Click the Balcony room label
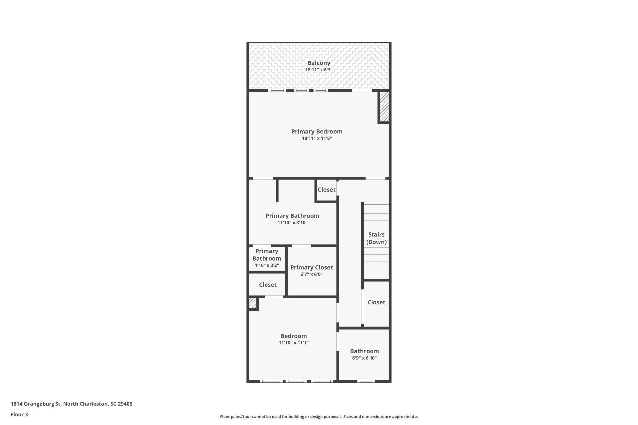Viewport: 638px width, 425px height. point(319,63)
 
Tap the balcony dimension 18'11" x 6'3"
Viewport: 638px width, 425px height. point(319,70)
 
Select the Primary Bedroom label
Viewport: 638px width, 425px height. point(317,132)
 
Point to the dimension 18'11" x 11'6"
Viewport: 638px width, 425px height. point(317,138)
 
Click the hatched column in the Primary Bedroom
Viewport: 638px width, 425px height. point(384,107)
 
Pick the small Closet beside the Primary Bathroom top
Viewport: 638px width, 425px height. point(326,190)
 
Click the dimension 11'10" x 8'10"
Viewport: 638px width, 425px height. point(292,223)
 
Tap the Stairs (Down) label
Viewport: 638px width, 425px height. point(376,238)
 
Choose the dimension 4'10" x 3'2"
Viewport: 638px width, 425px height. point(266,265)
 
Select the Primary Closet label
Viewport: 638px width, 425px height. point(311,268)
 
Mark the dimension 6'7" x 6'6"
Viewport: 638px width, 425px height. point(311,274)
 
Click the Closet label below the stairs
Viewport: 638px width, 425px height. point(376,302)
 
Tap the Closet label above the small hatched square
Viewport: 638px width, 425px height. point(267,285)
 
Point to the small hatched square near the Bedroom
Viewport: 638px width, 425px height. point(253,303)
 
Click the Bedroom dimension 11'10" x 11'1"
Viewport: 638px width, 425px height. point(293,343)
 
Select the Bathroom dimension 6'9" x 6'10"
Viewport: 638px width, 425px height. point(364,358)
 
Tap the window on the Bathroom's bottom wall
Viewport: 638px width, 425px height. point(366,381)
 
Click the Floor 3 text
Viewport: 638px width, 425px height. point(19,414)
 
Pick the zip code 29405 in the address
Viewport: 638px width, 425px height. point(125,404)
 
